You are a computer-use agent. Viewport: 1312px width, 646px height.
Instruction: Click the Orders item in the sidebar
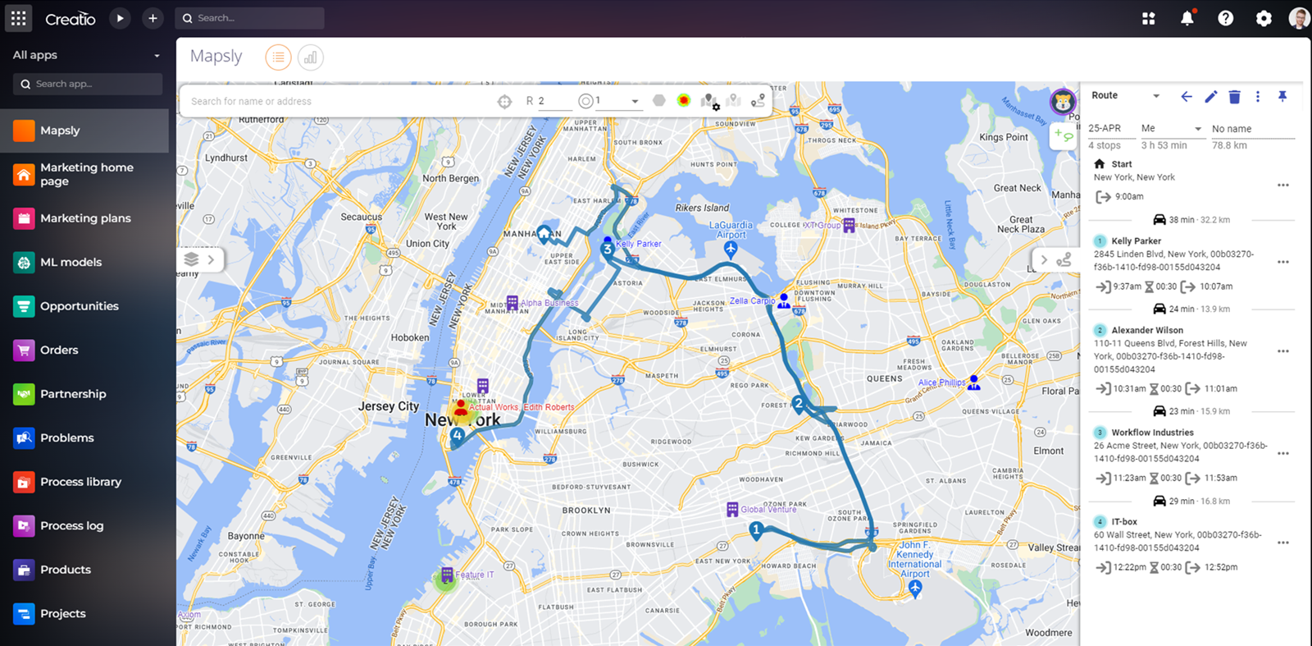59,350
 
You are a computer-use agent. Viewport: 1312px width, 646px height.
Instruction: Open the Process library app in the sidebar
80,482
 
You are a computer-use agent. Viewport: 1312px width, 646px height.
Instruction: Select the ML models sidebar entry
71,262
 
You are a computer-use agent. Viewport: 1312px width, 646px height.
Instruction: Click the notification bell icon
1187,18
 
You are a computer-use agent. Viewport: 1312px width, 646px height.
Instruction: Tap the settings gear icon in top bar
1264,18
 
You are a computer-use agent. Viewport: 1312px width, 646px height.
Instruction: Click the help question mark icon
1225,18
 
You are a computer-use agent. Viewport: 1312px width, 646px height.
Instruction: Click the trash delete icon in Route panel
1234,97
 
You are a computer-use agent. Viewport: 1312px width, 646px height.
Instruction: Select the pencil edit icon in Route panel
1210,97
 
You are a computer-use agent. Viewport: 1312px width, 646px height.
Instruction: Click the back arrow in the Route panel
1186,97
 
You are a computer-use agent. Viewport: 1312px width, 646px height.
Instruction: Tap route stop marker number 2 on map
798,403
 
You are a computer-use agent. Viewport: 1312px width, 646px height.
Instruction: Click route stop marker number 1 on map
756,529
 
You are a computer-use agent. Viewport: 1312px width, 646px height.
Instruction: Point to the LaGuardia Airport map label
731,230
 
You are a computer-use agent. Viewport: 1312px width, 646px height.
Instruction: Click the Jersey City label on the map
388,406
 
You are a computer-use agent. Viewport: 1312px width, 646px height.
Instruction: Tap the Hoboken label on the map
410,337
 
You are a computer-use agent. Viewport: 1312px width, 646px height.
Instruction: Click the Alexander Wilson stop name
1146,330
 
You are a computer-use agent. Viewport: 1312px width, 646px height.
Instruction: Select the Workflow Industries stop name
1152,433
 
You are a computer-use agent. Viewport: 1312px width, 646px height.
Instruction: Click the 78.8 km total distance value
1229,145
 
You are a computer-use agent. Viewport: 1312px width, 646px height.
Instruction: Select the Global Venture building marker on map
732,510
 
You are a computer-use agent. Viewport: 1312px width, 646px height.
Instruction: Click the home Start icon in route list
1100,164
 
